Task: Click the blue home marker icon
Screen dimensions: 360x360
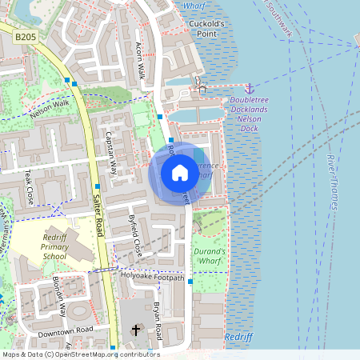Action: (x=180, y=172)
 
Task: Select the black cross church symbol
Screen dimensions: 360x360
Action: (x=136, y=330)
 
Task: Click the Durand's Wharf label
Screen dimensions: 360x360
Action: (x=210, y=256)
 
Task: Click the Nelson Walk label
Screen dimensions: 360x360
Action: (x=50, y=108)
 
